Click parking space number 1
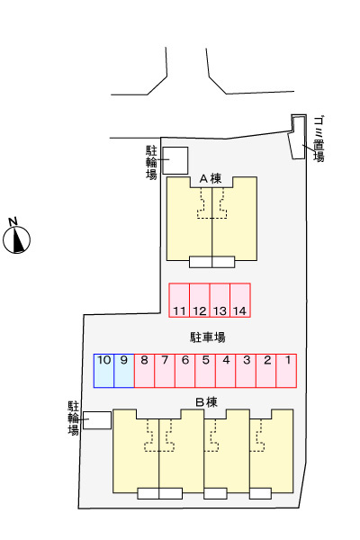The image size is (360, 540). click(286, 371)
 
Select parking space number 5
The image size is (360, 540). click(205, 371)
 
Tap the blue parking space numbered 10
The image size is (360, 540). click(103, 371)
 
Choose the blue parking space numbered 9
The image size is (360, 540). click(124, 371)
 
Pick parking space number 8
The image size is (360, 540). click(144, 371)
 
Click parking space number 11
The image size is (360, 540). click(179, 300)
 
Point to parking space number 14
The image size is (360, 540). click(240, 300)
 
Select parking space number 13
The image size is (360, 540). click(220, 300)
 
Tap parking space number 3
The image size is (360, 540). click(246, 371)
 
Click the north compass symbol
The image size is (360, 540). click(16, 236)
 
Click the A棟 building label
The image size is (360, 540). click(211, 179)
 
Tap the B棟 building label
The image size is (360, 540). click(206, 402)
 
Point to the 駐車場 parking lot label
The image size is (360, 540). click(208, 337)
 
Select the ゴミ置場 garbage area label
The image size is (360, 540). click(319, 139)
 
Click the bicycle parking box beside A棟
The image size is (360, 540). click(175, 160)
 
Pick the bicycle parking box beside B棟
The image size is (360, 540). click(97, 420)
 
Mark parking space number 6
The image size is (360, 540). click(185, 371)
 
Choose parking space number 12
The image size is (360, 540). click(200, 300)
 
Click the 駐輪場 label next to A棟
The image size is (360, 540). click(151, 163)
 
